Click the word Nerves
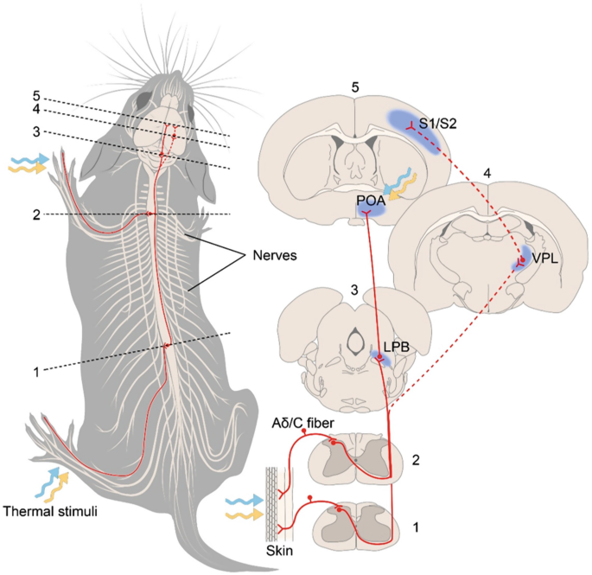tap(276, 256)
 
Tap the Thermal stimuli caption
tap(52, 511)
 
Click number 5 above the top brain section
tap(353, 87)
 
